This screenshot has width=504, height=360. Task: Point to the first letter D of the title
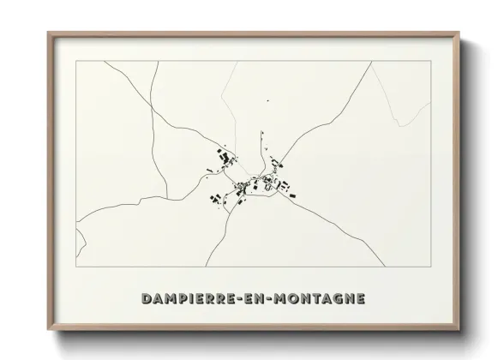point(143,300)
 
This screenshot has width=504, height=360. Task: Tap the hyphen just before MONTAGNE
point(275,300)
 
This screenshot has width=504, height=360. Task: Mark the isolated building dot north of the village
point(267,101)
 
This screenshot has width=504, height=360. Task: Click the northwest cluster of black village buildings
point(225,158)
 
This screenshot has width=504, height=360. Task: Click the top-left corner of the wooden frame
point(48,33)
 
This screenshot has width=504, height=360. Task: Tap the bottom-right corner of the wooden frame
point(457,328)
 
